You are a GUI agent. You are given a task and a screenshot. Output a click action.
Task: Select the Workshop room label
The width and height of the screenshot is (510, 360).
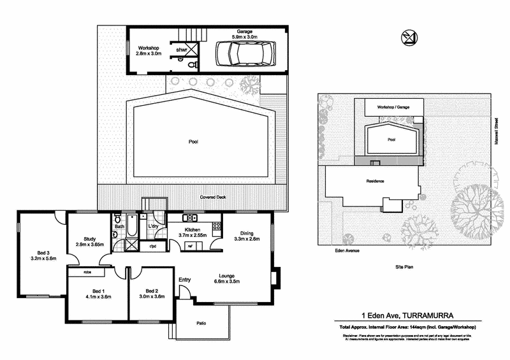(148, 48)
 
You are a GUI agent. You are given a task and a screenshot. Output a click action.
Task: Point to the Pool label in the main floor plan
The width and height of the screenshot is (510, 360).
(193, 141)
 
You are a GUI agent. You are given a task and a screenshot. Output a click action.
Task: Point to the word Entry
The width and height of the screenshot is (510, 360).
(185, 280)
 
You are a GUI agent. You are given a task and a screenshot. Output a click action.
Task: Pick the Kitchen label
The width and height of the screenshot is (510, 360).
(193, 229)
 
